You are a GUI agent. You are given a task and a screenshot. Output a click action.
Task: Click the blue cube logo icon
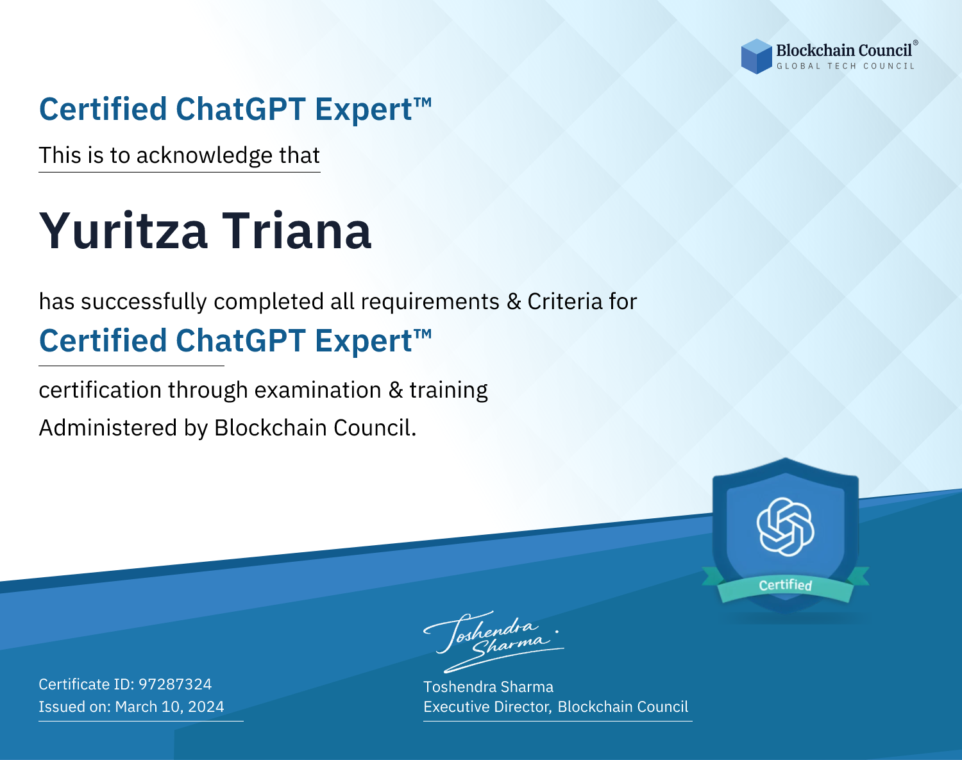[x=756, y=56]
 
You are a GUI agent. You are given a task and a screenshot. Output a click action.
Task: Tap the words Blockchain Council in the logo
[x=843, y=51]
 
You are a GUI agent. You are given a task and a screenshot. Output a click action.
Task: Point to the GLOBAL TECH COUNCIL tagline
[x=845, y=66]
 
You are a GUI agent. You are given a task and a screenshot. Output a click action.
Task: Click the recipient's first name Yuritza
[x=123, y=232]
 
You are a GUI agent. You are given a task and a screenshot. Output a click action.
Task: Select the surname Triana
[x=296, y=232]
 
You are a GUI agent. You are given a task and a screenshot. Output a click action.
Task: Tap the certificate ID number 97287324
[x=175, y=684]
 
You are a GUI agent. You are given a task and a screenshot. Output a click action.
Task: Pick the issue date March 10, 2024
[x=169, y=706]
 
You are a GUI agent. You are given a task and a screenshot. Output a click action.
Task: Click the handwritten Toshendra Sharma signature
[x=493, y=641]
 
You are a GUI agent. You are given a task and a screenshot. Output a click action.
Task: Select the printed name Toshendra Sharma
[x=488, y=687]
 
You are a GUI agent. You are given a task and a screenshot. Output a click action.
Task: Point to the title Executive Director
[x=487, y=707]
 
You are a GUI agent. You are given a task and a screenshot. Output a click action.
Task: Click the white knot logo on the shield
[x=786, y=527]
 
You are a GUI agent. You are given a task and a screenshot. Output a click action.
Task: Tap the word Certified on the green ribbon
[x=786, y=585]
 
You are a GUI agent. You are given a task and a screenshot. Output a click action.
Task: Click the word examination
[x=318, y=390]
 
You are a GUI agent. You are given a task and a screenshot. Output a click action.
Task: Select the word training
[x=449, y=391]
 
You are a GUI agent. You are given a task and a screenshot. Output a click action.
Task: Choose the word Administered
[x=108, y=427]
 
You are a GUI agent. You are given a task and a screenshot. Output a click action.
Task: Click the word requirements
[x=430, y=302]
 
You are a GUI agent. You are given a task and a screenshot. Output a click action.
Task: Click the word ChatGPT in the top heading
[x=240, y=109]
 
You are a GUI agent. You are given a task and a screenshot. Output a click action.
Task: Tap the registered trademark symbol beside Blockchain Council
[x=915, y=43]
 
